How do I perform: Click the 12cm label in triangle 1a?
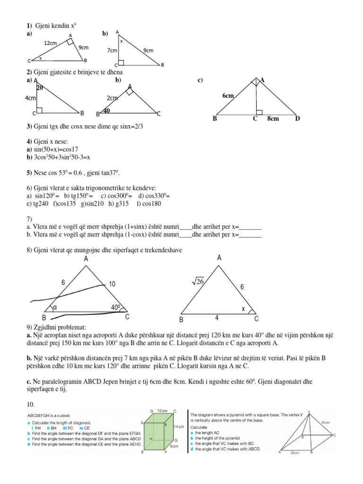(50, 43)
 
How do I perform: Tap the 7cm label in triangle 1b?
(112, 50)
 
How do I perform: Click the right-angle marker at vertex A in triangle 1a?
(70, 42)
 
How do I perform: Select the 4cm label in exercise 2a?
(30, 98)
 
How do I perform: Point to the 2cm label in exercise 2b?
(112, 98)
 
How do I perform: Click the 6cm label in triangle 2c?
(228, 95)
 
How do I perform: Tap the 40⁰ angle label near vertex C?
(117, 308)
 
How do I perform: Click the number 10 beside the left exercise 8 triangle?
(112, 284)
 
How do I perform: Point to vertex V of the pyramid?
(309, 412)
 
